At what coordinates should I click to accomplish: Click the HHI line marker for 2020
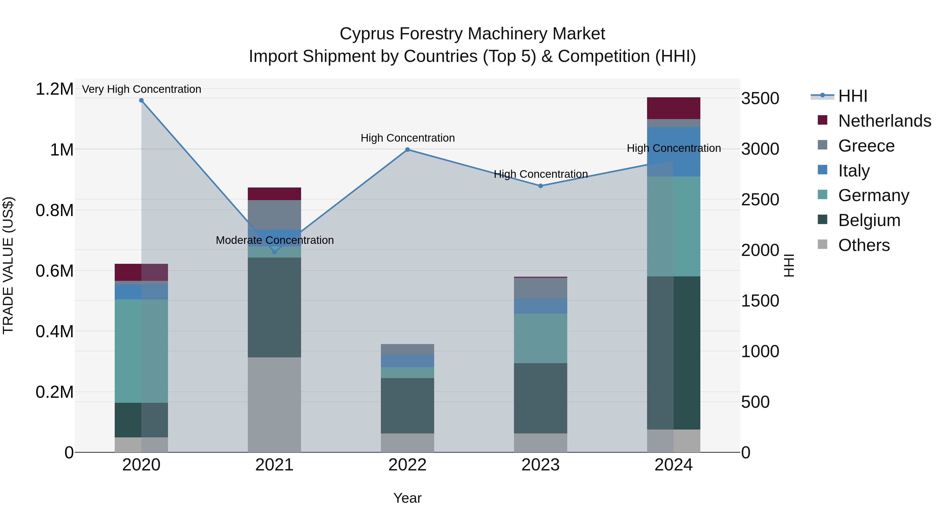(x=141, y=100)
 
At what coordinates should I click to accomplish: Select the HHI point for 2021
(x=274, y=252)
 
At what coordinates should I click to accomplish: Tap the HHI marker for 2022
(x=408, y=149)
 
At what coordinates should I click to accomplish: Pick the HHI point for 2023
(x=540, y=186)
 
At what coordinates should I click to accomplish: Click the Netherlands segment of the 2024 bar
(x=674, y=108)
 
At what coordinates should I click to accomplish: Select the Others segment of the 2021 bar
(x=274, y=405)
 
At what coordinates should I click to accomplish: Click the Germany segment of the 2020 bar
(x=141, y=351)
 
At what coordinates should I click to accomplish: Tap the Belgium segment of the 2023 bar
(x=540, y=398)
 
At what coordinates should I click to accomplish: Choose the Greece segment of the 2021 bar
(x=274, y=215)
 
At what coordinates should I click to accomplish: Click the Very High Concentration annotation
(x=141, y=89)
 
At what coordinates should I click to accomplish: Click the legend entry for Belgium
(x=869, y=220)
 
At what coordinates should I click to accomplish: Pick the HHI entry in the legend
(x=853, y=96)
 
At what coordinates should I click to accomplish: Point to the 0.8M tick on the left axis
(x=54, y=210)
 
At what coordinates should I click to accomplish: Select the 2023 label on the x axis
(x=540, y=465)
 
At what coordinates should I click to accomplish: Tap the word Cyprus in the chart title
(x=367, y=34)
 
